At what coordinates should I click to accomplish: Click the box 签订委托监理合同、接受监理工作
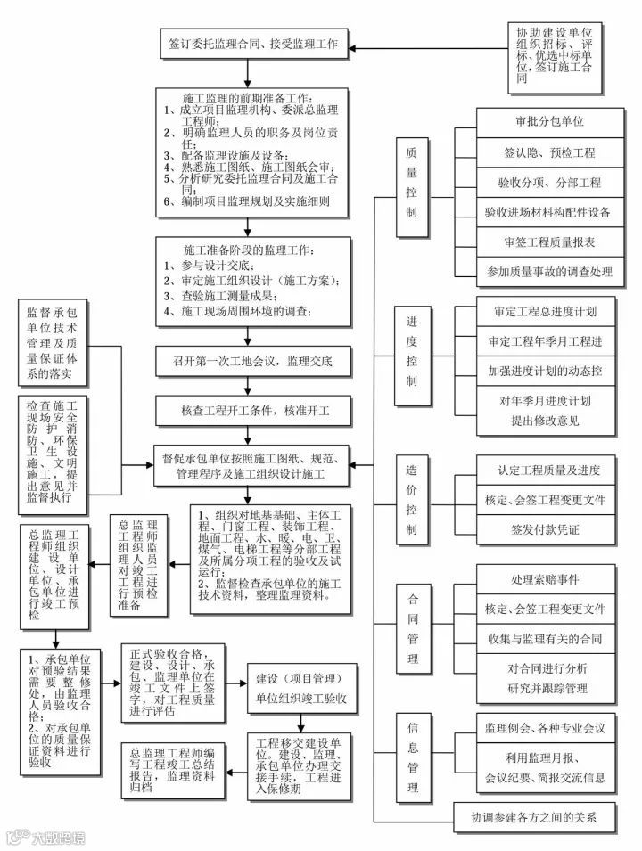[253, 42]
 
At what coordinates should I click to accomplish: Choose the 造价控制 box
[411, 498]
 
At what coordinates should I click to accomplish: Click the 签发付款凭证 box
[545, 529]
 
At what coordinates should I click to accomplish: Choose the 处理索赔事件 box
[545, 579]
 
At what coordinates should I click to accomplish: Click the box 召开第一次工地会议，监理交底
[255, 363]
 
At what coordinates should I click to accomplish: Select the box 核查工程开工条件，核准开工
[255, 413]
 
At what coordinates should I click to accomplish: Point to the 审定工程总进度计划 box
[544, 312]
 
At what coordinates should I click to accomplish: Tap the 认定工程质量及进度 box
[545, 470]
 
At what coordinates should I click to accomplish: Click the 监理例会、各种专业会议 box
[545, 728]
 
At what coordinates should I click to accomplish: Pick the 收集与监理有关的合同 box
[545, 639]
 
